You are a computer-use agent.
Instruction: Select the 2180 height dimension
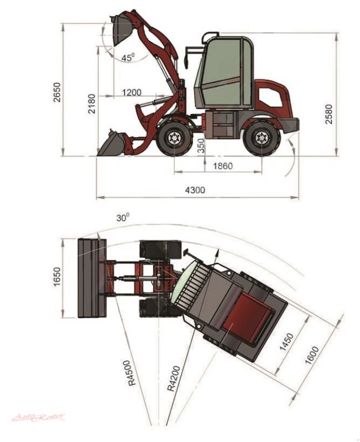coord(92,103)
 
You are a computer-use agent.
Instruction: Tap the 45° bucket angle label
coord(128,56)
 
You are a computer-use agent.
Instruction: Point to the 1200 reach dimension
coord(132,92)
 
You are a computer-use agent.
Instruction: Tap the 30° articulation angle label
coord(123,218)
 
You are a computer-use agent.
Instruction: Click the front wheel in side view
coord(175,138)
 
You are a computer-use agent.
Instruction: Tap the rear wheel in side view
coord(260,138)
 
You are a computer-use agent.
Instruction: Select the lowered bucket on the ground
coord(112,144)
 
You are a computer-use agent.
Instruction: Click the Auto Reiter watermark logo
coord(38,417)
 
